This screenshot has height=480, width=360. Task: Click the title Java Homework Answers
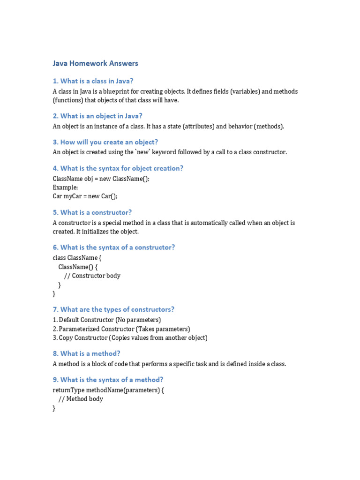[95, 63]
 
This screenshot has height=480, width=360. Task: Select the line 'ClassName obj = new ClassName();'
[101, 179]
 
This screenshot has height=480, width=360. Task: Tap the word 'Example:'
[65, 187]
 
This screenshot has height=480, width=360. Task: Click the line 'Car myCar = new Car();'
[85, 196]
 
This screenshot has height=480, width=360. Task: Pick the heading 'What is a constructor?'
[92, 212]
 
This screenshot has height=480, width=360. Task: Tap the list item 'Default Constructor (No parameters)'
[107, 320]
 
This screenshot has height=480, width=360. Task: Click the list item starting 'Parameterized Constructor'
[121, 329]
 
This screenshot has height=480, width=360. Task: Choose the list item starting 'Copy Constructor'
[130, 337]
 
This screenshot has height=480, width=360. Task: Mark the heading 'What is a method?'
[86, 353]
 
